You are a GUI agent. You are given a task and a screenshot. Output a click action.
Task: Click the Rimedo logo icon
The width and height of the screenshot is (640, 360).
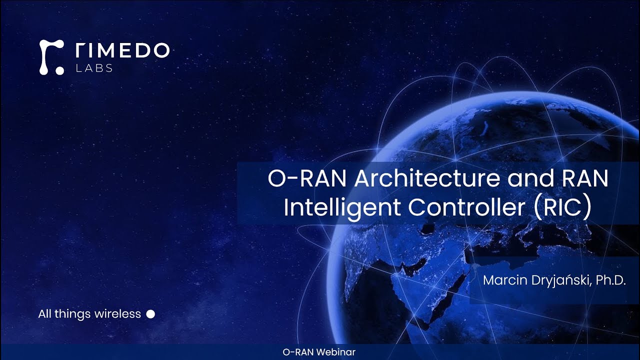(51, 57)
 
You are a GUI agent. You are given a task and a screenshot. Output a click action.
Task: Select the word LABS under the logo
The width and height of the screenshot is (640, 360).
(94, 68)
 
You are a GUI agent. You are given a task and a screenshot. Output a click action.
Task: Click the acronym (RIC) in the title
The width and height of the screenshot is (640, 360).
(562, 207)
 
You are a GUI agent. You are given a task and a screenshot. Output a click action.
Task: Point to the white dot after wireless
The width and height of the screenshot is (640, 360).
(150, 314)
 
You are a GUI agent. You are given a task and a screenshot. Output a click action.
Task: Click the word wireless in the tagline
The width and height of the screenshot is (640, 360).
(119, 314)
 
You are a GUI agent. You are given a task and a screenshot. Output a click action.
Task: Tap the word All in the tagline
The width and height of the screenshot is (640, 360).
(44, 314)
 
